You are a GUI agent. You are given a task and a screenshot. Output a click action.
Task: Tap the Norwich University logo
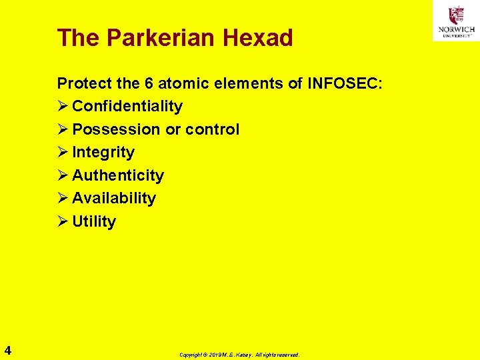coord(455,21)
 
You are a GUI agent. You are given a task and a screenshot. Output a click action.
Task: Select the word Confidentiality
coord(127,106)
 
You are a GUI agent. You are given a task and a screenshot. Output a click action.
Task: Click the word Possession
coord(116,129)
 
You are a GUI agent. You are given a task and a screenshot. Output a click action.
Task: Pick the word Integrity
coord(103,152)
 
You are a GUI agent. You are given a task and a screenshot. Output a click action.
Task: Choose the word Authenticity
coord(117,175)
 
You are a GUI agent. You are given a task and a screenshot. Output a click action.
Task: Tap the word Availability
coord(113,198)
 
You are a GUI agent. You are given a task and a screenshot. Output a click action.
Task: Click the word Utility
coord(93,221)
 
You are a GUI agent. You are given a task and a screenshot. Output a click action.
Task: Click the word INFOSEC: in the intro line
coord(345,83)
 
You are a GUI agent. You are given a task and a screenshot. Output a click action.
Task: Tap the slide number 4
coord(7,350)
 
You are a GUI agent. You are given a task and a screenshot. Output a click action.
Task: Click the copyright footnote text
coord(239,355)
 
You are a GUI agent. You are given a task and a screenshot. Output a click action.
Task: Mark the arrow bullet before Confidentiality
coord(63,106)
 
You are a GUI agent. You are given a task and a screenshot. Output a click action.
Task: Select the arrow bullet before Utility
coord(63,221)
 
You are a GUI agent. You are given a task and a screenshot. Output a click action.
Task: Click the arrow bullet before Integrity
coord(63,152)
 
